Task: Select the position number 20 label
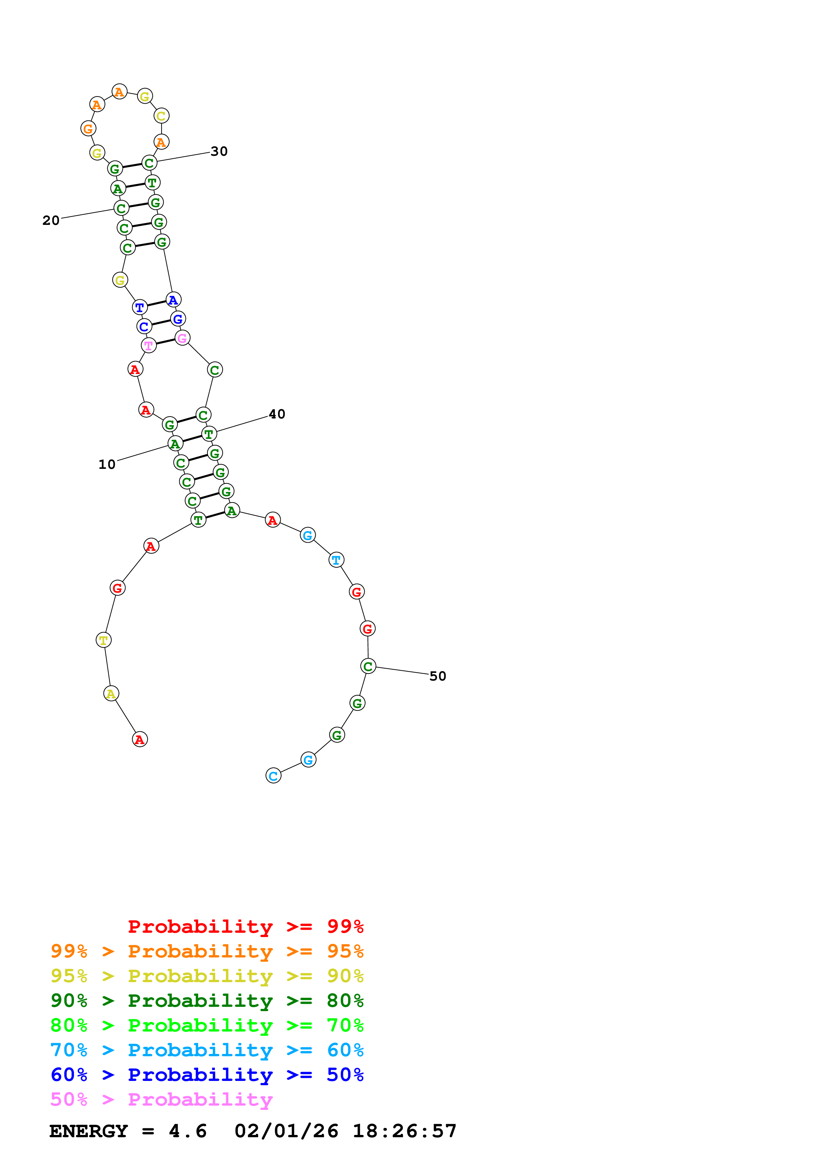51,220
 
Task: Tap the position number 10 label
107,464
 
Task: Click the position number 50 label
437,676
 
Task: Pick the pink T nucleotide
149,346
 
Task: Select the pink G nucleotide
182,338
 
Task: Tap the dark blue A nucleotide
173,300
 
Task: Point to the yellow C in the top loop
161,116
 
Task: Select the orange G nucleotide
88,128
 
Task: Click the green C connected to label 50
368,666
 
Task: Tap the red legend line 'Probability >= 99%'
245,926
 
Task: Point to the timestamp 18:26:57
404,1131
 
